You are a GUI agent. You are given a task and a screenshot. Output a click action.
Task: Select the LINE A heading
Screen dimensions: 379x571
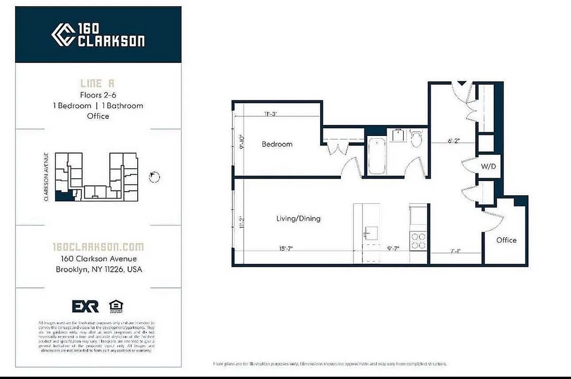pyautogui.click(x=98, y=83)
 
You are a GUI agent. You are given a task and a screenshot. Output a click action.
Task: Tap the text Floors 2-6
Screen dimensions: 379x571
pyautogui.click(x=98, y=95)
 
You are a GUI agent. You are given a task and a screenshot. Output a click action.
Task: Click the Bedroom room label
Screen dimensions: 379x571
pyautogui.click(x=277, y=144)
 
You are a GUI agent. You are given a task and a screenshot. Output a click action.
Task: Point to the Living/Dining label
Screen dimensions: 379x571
pyautogui.click(x=298, y=218)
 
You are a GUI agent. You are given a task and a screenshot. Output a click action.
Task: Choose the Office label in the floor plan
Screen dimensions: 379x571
pyautogui.click(x=506, y=240)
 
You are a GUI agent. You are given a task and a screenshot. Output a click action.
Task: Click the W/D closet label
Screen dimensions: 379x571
pyautogui.click(x=488, y=166)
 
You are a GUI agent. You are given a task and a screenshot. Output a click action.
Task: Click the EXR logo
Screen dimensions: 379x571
pyautogui.click(x=85, y=306)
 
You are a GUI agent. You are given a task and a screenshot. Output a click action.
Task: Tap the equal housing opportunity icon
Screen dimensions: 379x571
pyautogui.click(x=114, y=306)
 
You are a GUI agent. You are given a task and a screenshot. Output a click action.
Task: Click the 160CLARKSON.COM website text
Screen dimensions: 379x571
pyautogui.click(x=98, y=247)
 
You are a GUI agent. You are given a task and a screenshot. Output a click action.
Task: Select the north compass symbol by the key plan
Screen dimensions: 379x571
pyautogui.click(x=154, y=177)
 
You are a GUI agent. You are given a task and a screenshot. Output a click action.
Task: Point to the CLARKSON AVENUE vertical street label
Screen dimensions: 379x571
pyautogui.click(x=46, y=177)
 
